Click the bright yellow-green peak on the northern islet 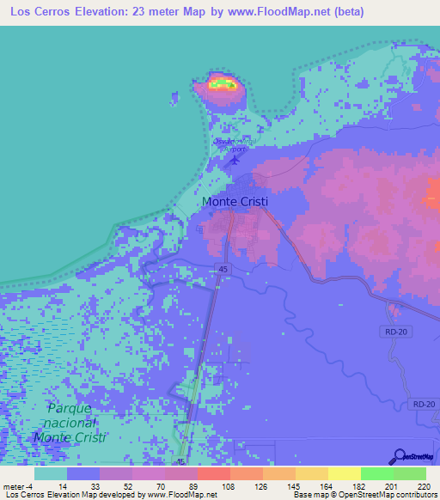[222, 83]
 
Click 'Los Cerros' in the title [40, 12]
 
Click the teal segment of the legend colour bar [51, 473]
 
